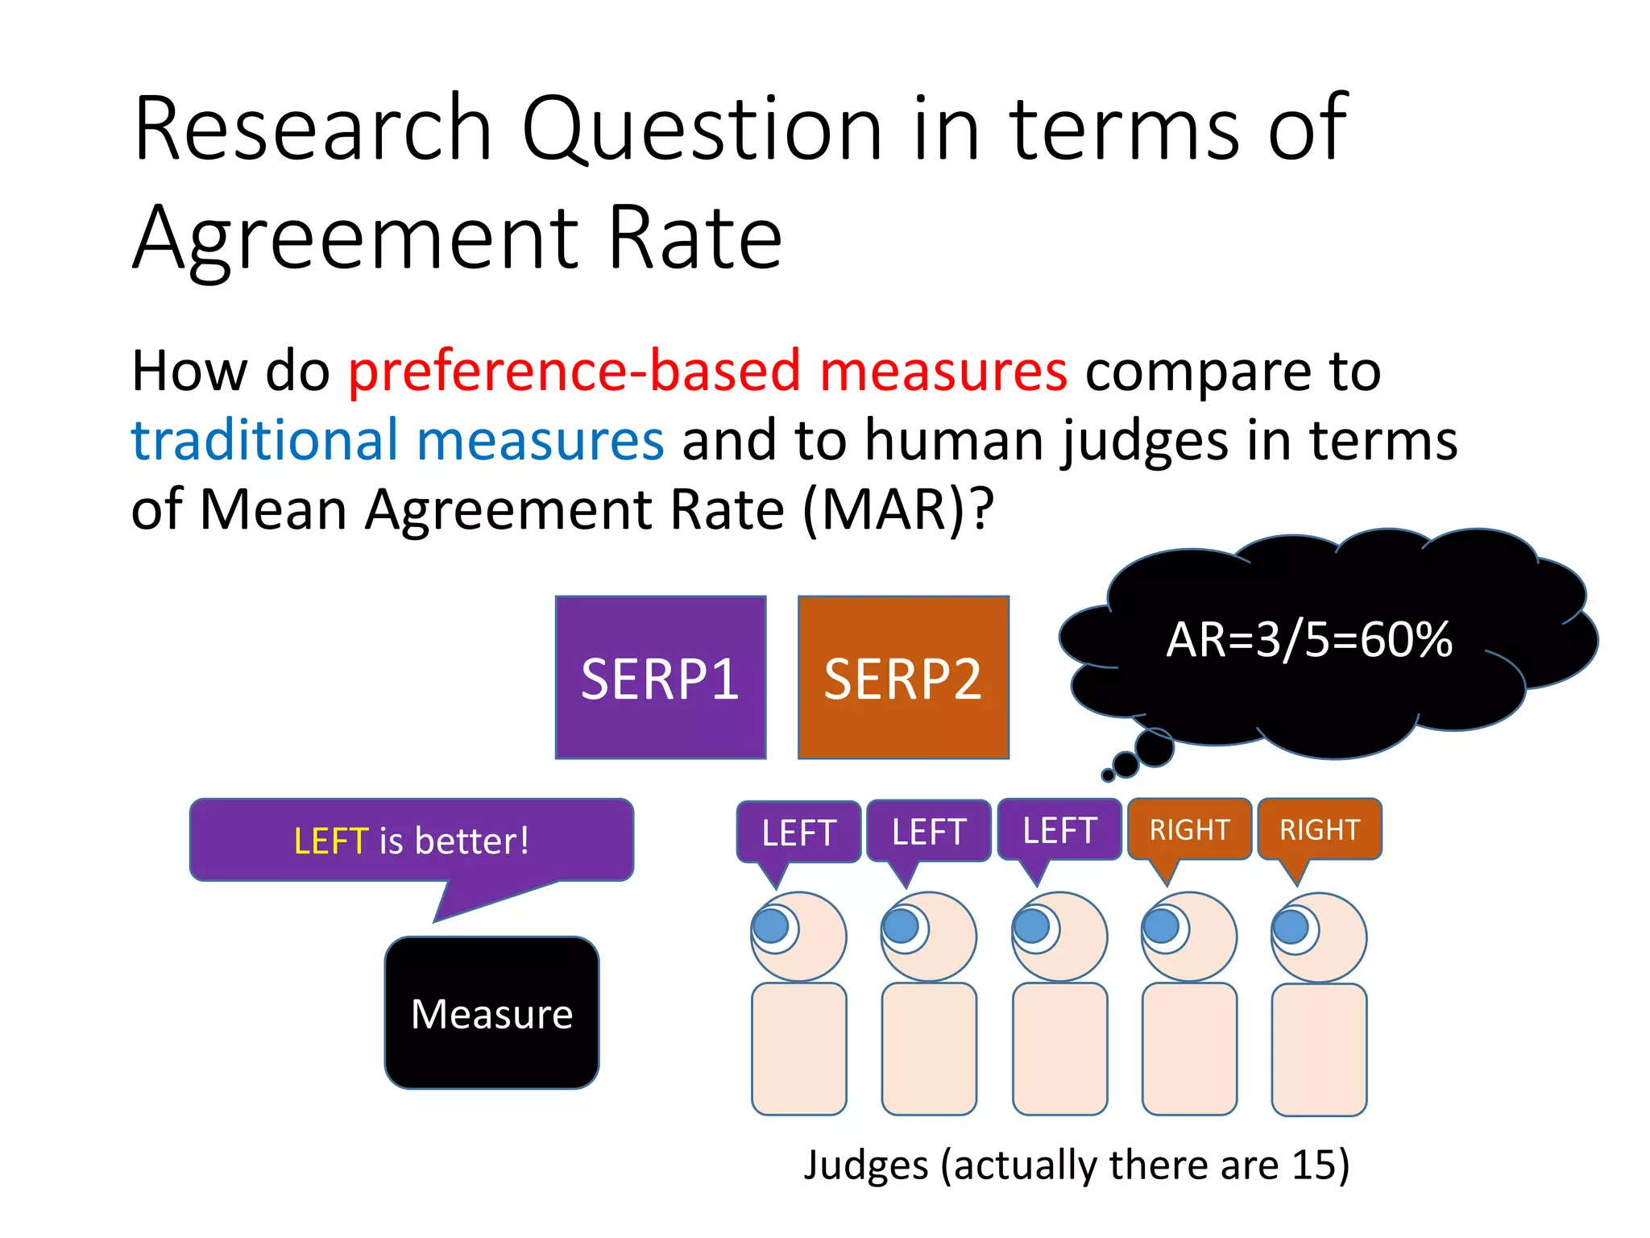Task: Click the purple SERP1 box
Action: (x=660, y=677)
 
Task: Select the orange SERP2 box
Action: (x=903, y=677)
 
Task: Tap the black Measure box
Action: (x=491, y=1013)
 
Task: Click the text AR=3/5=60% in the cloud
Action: (x=1309, y=640)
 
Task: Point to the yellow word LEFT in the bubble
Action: (x=330, y=841)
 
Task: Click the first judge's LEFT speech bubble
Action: (x=798, y=832)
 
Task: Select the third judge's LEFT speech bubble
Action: (x=1059, y=830)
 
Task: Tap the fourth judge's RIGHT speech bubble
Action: (x=1189, y=829)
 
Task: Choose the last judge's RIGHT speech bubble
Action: (x=1320, y=829)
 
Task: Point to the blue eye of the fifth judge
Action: (x=1291, y=926)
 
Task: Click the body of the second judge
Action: (x=929, y=1048)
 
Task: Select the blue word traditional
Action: (x=264, y=440)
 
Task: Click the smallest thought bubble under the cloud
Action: (x=1108, y=775)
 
